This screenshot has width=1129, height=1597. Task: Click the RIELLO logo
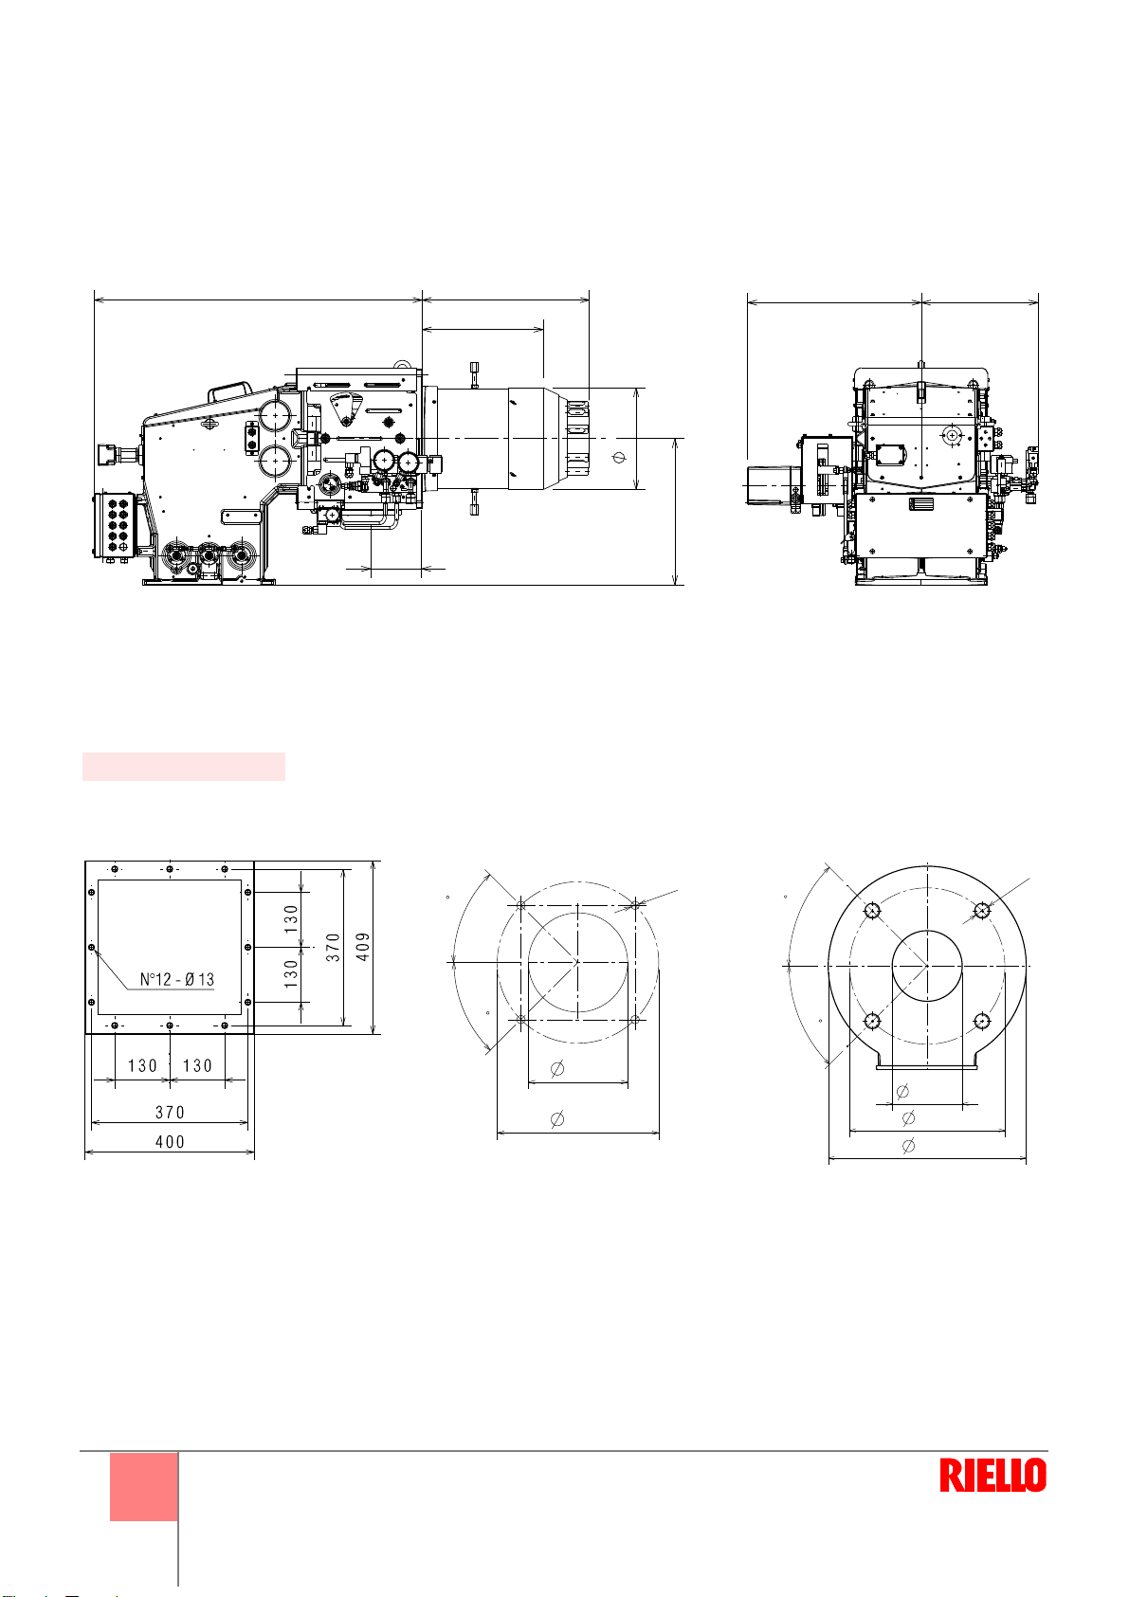click(992, 1475)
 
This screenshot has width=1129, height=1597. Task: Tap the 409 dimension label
click(363, 947)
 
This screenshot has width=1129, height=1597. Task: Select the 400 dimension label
click(170, 1141)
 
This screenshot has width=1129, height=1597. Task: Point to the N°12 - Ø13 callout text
click(177, 980)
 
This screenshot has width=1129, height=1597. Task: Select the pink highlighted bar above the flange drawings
click(183, 767)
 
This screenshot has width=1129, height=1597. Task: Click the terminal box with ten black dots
click(114, 525)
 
